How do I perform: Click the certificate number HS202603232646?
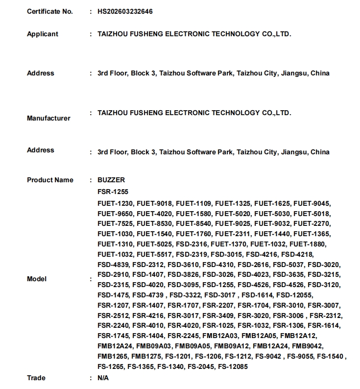128,11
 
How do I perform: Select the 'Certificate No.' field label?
50,11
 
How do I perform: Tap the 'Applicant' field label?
43,34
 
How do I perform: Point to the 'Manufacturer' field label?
48,118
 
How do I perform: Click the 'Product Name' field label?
50,180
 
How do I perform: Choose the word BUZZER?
111,180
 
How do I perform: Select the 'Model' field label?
37,279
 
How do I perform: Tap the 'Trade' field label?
36,378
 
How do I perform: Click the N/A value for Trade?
103,378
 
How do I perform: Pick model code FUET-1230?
115,203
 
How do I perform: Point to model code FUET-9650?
115,214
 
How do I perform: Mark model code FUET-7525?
115,223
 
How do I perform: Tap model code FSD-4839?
113,265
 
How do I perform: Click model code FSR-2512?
113,316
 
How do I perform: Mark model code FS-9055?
300,357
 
